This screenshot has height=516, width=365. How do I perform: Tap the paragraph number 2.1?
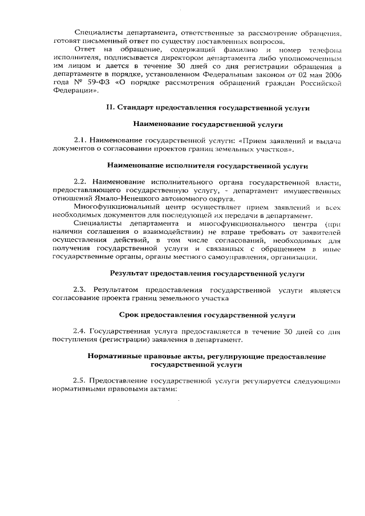81,140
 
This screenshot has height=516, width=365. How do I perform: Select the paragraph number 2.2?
81,182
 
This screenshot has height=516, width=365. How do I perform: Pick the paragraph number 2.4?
81,331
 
